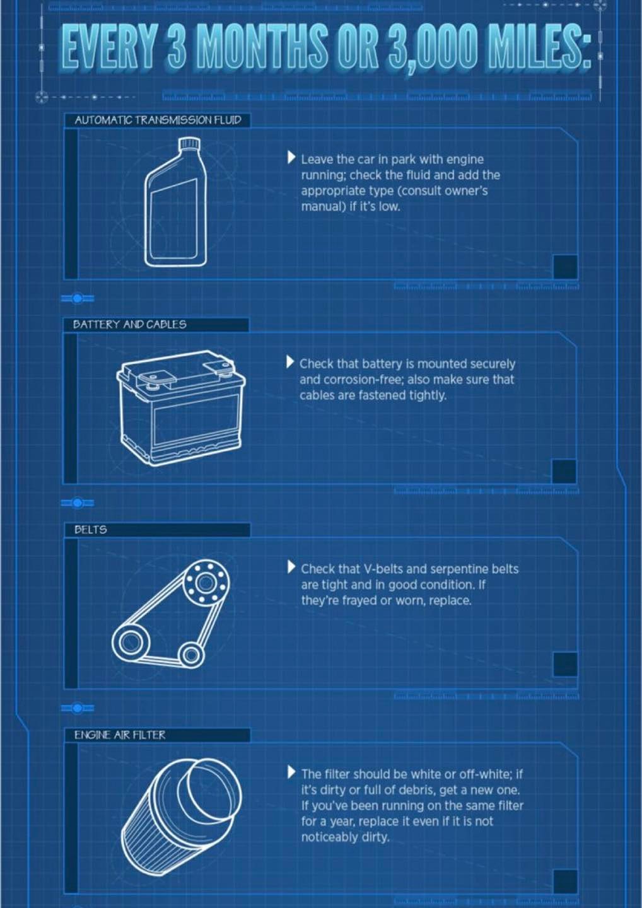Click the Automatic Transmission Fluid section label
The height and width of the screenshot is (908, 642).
(x=158, y=120)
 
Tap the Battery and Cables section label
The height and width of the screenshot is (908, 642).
(x=130, y=324)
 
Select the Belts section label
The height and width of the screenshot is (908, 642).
(x=90, y=530)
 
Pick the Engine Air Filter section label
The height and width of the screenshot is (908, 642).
(x=120, y=735)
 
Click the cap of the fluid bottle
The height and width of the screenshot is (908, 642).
(x=190, y=143)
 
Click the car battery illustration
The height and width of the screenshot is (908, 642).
(x=181, y=408)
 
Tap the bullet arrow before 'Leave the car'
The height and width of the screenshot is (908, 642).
(x=291, y=158)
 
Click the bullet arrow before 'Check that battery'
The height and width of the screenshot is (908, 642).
(x=290, y=362)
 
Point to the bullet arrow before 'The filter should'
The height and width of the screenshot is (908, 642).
(x=291, y=772)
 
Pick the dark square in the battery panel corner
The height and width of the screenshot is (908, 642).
(x=564, y=472)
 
